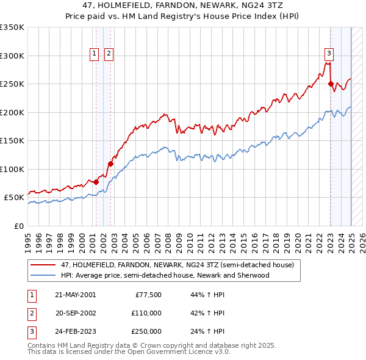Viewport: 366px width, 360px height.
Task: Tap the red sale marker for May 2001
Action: tap(96, 181)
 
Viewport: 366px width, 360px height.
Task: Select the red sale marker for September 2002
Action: tap(110, 164)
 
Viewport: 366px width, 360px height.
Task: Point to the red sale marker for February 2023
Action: tap(331, 84)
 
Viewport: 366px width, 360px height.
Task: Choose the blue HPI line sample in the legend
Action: tap(43, 275)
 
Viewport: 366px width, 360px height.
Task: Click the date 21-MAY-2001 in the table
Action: tap(75, 295)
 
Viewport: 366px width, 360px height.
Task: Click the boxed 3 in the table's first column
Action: tap(30, 331)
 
